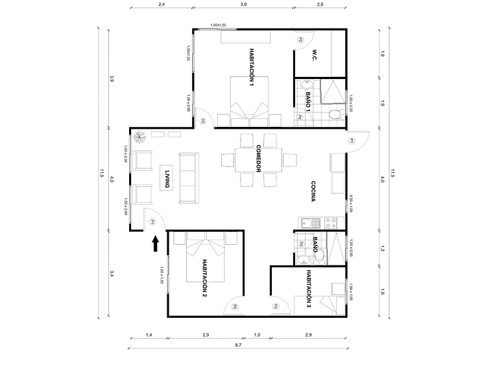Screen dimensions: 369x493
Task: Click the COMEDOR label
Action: click(x=258, y=158)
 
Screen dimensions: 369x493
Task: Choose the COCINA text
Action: click(x=313, y=191)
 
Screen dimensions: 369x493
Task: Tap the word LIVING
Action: click(x=167, y=178)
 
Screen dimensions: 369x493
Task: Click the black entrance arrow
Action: click(x=155, y=243)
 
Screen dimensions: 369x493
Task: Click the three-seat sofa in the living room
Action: click(x=189, y=178)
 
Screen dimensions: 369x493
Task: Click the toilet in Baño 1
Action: click(x=334, y=115)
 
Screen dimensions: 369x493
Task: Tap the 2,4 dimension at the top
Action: click(x=161, y=5)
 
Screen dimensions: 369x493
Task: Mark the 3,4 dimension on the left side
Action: click(x=112, y=273)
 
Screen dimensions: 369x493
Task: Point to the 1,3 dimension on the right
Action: click(x=383, y=248)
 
